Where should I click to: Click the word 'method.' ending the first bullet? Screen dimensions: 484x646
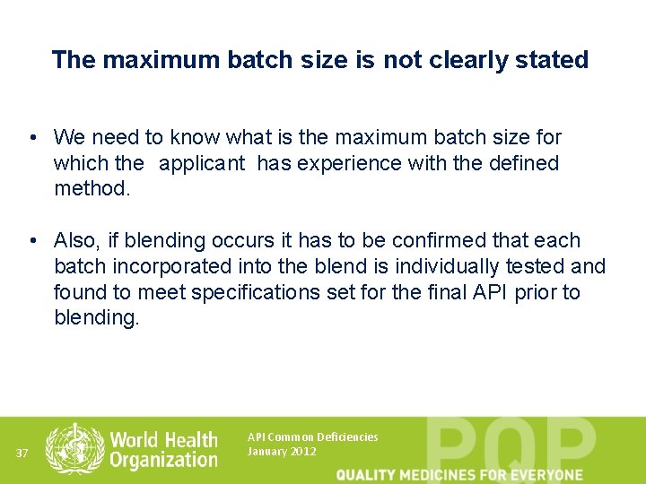click(x=92, y=189)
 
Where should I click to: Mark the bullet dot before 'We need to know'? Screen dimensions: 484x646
click(x=31, y=137)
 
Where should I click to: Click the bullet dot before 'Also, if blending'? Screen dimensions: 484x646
click(x=31, y=240)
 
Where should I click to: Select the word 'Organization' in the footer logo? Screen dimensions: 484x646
click(x=163, y=460)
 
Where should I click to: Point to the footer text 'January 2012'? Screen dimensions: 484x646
click(x=281, y=451)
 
